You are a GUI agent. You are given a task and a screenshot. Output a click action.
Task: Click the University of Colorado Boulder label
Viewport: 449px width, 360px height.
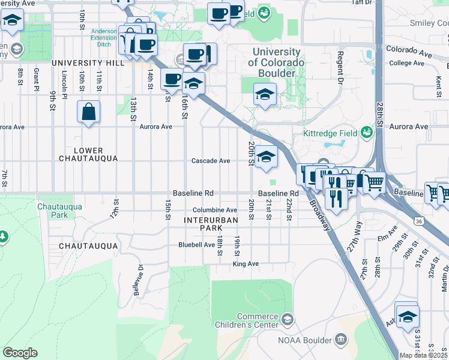[277, 62]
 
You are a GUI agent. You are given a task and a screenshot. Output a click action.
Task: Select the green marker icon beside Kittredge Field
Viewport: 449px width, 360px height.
[366, 133]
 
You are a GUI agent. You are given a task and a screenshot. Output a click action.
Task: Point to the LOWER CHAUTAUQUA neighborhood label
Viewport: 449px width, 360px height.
[81, 154]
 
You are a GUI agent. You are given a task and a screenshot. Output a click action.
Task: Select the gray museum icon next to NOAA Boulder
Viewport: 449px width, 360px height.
[340, 341]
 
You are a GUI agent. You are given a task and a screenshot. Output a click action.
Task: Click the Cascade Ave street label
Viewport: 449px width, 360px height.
[211, 161]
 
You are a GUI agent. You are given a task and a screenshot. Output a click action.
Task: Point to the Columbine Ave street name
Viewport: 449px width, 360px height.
[215, 210]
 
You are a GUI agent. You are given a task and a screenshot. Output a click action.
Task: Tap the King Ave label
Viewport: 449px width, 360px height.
[246, 264]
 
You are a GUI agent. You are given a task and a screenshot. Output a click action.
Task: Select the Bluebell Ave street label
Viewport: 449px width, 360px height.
[196, 245]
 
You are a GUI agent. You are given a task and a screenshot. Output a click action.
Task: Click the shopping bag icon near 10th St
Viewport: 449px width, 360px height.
[88, 112]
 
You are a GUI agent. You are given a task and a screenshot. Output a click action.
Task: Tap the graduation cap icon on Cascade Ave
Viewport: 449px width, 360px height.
[266, 157]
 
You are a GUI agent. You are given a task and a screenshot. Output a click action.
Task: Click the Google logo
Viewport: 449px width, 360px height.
[20, 353]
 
